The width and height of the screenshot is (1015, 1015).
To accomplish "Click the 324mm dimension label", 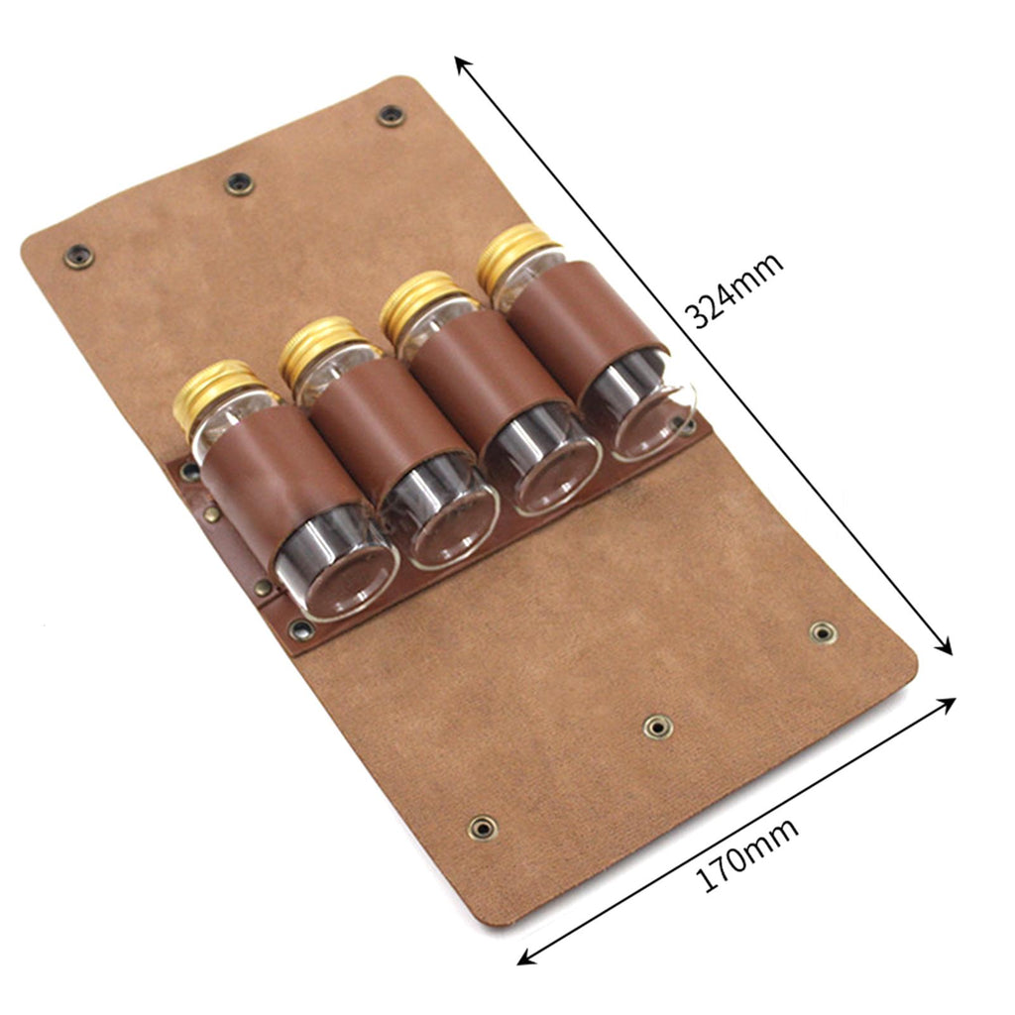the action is [734, 290].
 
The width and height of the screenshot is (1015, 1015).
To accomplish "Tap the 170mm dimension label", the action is [745, 855].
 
